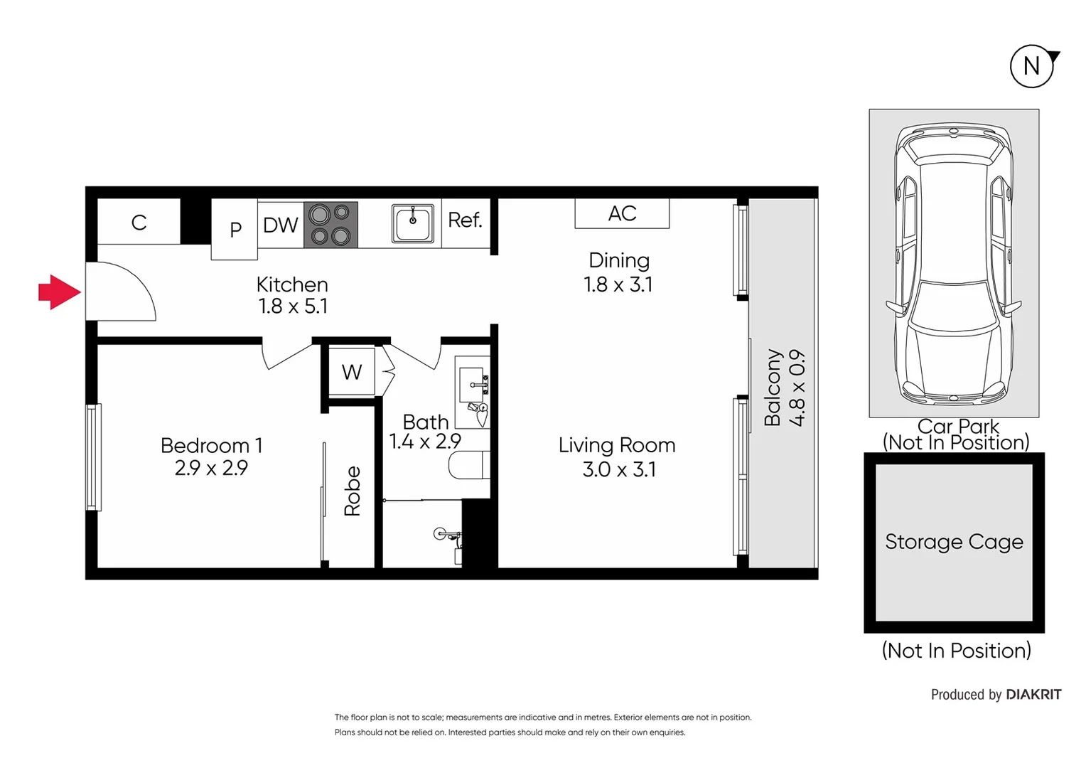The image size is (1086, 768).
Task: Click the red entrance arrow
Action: coord(58,292)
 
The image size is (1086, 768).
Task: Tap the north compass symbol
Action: coord(1031,66)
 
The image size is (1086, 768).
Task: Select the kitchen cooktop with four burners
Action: coord(330,225)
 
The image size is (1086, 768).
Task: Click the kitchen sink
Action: coord(412,224)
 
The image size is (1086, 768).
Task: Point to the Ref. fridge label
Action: coord(466,220)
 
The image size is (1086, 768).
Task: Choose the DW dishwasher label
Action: coord(280,225)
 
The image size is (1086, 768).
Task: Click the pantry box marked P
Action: coord(235,229)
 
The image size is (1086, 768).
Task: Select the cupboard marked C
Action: coord(139,223)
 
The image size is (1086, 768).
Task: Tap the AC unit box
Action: coord(622,213)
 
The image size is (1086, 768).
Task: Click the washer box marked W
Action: coord(351,372)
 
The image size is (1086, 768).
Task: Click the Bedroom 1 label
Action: coord(211,446)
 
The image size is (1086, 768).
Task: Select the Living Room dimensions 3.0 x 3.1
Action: coord(618,469)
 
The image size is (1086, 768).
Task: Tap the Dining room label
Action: coord(618,260)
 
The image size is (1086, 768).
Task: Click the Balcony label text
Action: coord(773,388)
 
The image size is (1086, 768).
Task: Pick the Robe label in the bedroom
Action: coord(353,491)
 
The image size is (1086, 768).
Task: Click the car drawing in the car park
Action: coord(953,263)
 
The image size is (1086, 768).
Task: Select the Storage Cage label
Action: coord(954,542)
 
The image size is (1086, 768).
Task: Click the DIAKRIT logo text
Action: coord(1033,695)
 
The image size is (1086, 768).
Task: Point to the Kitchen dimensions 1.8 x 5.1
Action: coord(292,306)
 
